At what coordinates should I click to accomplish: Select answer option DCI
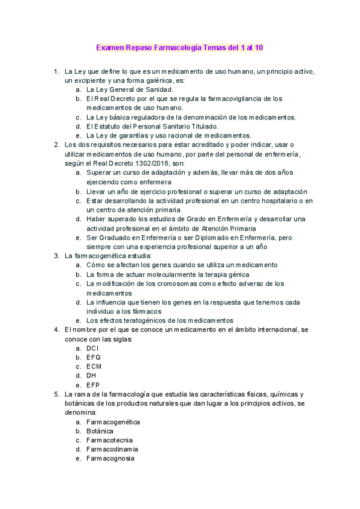92,348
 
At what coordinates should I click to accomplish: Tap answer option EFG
93,357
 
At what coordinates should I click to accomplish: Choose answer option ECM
94,366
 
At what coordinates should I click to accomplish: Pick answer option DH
91,375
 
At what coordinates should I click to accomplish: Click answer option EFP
93,385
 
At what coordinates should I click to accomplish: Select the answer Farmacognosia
110,458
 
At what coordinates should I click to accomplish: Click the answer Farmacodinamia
112,449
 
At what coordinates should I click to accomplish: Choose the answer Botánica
101,431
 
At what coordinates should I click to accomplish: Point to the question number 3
56,256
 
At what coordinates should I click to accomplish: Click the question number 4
56,330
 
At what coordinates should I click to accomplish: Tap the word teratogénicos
142,320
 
